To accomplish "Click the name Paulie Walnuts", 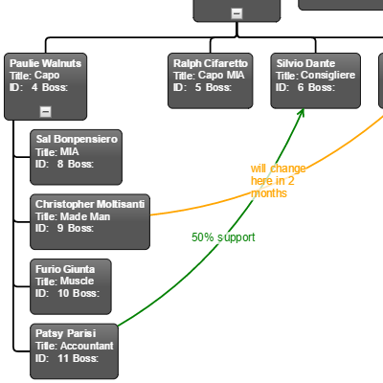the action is pyautogui.click(x=45, y=63).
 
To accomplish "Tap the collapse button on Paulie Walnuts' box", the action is pyautogui.click(x=46, y=112).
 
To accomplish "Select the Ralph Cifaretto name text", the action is pyautogui.click(x=211, y=63).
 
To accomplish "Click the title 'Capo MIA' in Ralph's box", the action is pyautogui.click(x=221, y=76).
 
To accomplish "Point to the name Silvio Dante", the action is pyautogui.click(x=305, y=63).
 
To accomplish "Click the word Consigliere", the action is pyautogui.click(x=327, y=76).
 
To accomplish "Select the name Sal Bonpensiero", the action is pyautogui.click(x=77, y=139).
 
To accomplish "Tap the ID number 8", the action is pyautogui.click(x=60, y=164).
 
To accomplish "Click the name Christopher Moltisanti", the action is pyautogui.click(x=90, y=204).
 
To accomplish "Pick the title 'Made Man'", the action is pyautogui.click(x=85, y=216).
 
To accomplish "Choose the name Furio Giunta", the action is pyautogui.click(x=65, y=269).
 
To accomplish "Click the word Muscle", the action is pyautogui.click(x=78, y=282).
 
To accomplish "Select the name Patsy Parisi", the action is pyautogui.click(x=65, y=333).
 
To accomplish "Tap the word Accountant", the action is pyautogui.click(x=87, y=346).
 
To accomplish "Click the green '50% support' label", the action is pyautogui.click(x=223, y=237).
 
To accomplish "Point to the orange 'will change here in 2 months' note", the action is pyautogui.click(x=278, y=181).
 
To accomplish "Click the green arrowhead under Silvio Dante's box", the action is pyautogui.click(x=301, y=113).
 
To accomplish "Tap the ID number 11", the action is pyautogui.click(x=63, y=358).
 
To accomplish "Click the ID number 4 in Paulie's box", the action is pyautogui.click(x=34, y=87).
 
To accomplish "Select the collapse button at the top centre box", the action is pyautogui.click(x=237, y=13).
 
